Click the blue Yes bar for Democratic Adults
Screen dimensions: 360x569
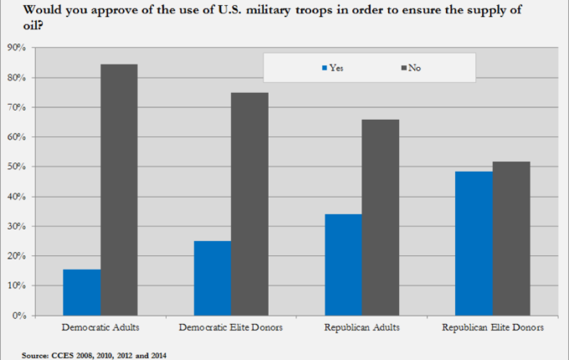pos(81,292)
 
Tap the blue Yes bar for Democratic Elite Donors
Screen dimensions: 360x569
pos(213,278)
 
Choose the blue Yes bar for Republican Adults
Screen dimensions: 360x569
pos(344,265)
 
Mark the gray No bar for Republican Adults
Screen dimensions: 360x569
pos(381,217)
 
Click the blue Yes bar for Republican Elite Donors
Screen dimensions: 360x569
pos(475,244)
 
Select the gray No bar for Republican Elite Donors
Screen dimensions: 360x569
pos(512,239)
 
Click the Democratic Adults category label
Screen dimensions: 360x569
pos(100,327)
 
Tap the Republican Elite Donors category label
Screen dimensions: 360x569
pos(494,327)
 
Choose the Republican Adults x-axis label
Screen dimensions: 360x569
pos(362,327)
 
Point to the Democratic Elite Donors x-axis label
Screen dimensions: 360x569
pos(232,327)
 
